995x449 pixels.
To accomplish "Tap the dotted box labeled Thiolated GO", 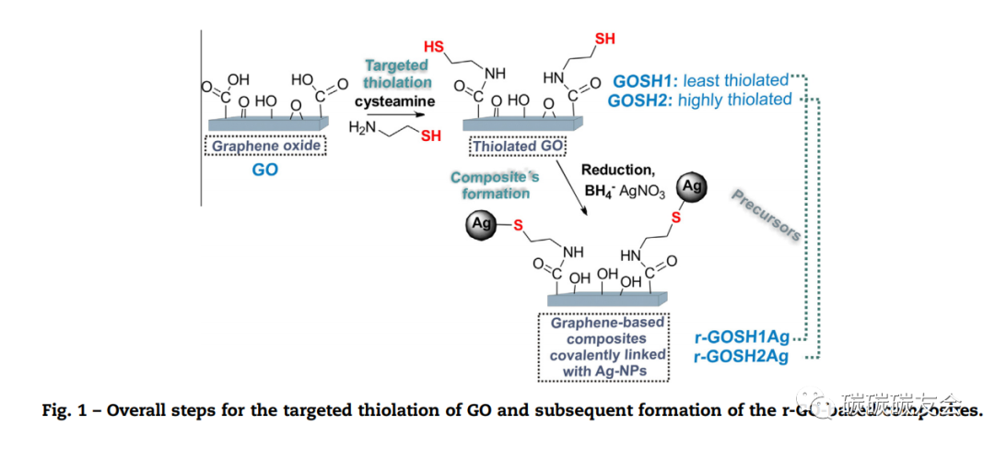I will point(519,146).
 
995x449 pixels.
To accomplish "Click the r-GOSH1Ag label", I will point(742,338).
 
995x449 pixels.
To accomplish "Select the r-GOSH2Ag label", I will point(742,357).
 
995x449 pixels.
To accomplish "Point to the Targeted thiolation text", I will point(397,74).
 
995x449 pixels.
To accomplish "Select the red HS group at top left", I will point(434,46).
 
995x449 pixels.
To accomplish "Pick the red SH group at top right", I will point(605,39).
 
